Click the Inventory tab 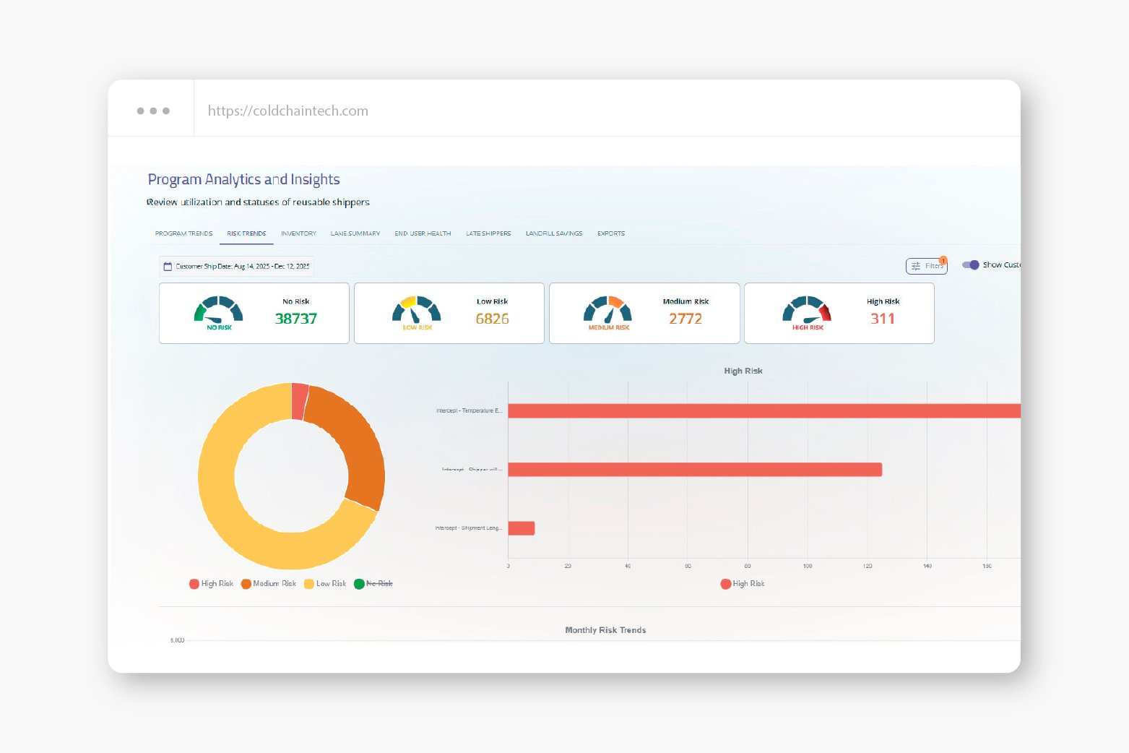coord(298,233)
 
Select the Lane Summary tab coord(355,233)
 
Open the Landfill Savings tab coord(553,233)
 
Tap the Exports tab coord(610,233)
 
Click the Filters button coord(926,266)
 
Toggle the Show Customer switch coord(971,265)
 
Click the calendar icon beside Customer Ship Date coord(168,267)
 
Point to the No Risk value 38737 coord(295,319)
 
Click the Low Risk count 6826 coord(492,319)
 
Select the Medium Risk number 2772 coord(685,319)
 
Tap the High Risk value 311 coord(882,319)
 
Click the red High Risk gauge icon coord(807,311)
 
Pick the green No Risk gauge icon coord(218,311)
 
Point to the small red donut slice coord(299,401)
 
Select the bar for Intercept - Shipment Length coord(521,528)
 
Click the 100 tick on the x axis coord(807,567)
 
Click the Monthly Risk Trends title coord(605,630)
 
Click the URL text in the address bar coord(287,111)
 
